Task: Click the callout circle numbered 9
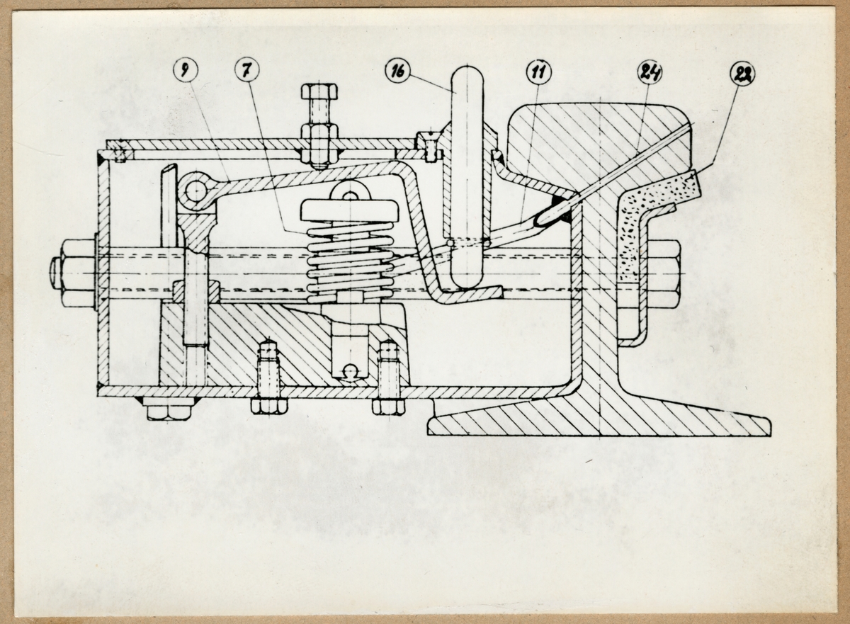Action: [186, 71]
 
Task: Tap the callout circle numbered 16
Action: [397, 71]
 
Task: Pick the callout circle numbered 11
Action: [538, 71]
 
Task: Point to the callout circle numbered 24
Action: [650, 71]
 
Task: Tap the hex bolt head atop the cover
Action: [319, 92]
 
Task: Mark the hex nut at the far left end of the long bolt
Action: [74, 273]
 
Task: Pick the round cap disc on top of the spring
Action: [348, 211]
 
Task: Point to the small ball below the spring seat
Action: [349, 370]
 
